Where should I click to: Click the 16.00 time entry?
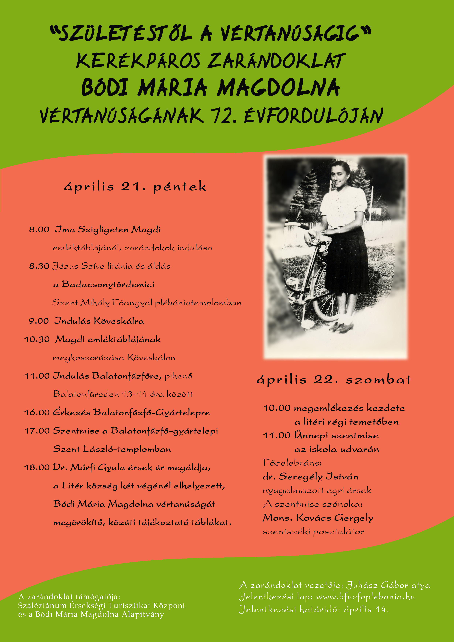37,413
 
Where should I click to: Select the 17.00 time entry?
37,431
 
